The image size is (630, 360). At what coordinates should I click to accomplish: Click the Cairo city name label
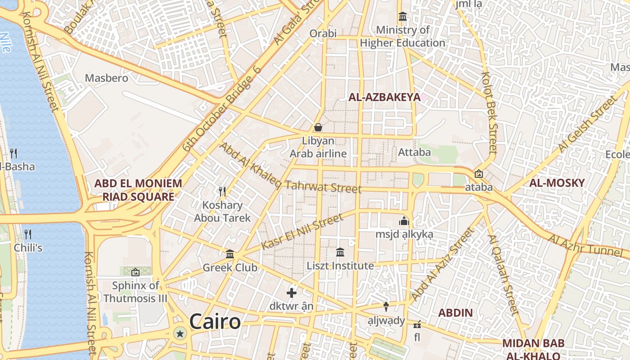point(215,322)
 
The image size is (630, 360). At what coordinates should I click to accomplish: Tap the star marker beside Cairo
point(180,333)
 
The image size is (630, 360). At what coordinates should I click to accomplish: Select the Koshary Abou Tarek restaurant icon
point(222,192)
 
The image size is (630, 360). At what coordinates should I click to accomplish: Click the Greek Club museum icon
point(230,254)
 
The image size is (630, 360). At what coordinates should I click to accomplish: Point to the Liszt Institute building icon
point(340,252)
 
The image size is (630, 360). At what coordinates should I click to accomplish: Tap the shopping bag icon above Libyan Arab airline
point(318,127)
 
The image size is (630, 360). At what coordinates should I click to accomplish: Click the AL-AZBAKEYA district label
point(384,97)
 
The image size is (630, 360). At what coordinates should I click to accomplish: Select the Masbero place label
point(107,78)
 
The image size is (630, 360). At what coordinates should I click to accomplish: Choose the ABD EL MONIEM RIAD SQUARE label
point(138,190)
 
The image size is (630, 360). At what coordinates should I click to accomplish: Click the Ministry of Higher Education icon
point(402,17)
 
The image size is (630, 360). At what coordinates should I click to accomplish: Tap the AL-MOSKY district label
point(557,183)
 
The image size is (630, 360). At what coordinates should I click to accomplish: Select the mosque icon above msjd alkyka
point(404,221)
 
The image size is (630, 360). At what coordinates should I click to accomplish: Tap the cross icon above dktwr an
point(292,293)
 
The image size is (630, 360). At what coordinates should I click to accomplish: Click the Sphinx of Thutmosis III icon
point(135,272)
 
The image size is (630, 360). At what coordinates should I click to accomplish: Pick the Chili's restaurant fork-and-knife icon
point(28,234)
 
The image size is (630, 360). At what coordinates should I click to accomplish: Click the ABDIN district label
point(455,313)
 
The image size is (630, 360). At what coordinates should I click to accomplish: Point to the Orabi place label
point(323,33)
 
